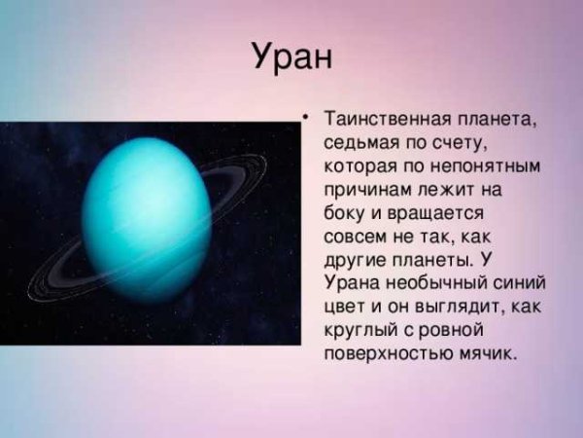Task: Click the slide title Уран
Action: pos(291,56)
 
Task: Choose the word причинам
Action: pos(367,190)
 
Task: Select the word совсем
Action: pos(357,237)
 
